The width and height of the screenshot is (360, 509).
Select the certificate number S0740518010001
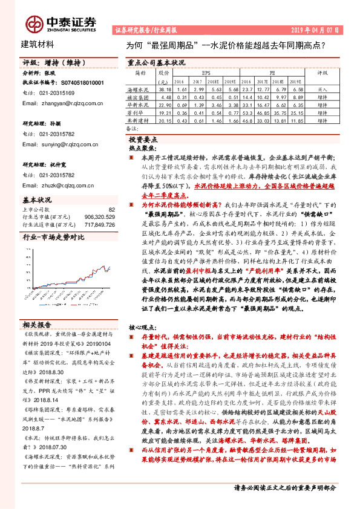click(x=83, y=82)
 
